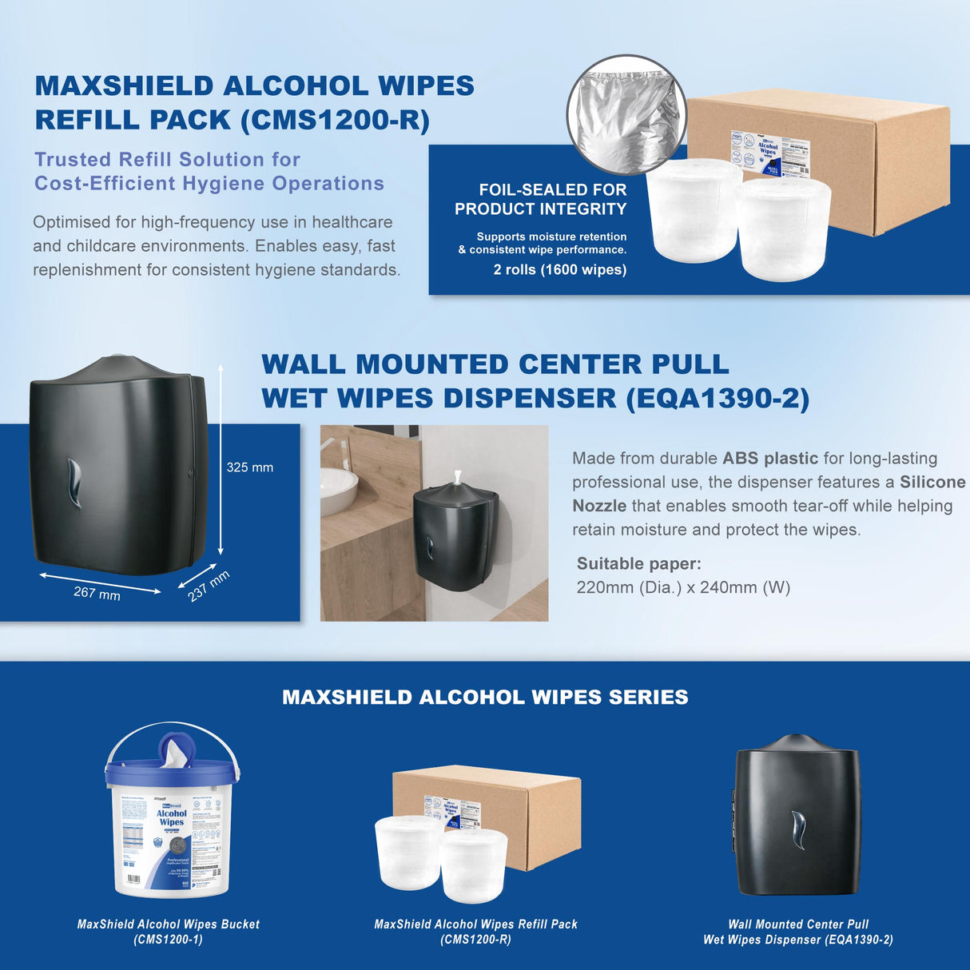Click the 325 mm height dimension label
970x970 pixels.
coord(249,467)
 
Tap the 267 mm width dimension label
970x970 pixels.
coord(97,593)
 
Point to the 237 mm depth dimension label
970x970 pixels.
coord(209,586)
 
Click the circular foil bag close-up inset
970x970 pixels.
coord(626,114)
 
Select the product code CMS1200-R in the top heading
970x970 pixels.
coord(336,120)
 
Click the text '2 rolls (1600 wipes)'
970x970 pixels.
coord(559,270)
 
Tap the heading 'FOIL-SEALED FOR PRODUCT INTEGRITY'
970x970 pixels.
coord(541,200)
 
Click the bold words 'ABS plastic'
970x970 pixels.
coord(769,459)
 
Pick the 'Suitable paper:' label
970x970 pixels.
coord(638,564)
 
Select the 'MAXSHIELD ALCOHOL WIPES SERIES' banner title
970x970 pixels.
coord(485,698)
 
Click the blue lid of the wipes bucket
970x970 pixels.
coord(172,769)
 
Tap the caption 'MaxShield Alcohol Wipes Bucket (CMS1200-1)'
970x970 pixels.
coord(169,932)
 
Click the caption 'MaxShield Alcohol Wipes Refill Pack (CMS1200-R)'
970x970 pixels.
coord(475,932)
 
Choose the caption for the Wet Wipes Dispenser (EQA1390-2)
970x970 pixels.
coord(797,932)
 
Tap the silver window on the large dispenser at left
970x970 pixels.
coord(74,483)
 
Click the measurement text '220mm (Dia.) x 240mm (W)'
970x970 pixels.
coord(683,588)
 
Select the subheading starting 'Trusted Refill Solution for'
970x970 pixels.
coord(209,172)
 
